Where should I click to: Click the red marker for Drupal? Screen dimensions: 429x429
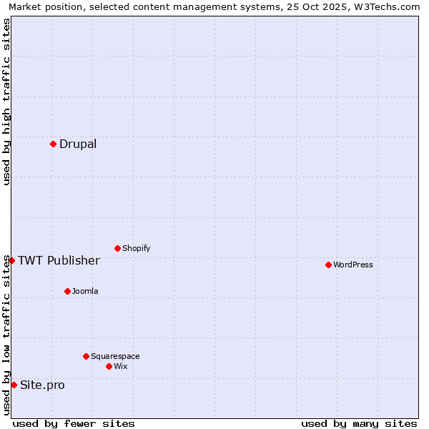(x=53, y=144)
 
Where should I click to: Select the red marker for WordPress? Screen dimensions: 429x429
(x=328, y=265)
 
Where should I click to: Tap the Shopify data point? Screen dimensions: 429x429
(x=117, y=248)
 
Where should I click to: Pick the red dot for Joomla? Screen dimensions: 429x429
(x=67, y=291)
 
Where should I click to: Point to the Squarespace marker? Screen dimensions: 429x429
(x=86, y=356)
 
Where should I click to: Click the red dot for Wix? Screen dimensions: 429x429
(x=109, y=366)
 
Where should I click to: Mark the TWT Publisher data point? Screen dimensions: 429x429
(x=11, y=260)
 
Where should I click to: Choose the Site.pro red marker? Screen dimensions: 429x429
(x=14, y=385)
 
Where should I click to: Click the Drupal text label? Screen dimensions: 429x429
(x=78, y=144)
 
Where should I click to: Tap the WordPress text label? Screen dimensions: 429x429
(x=353, y=265)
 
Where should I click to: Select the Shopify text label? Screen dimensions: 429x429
(x=137, y=248)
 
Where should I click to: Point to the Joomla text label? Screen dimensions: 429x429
(x=85, y=291)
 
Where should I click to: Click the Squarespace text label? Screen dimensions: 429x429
(x=115, y=356)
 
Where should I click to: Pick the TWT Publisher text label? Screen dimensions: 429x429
(x=59, y=260)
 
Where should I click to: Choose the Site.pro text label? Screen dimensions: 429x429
(x=42, y=385)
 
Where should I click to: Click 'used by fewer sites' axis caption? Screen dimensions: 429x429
(x=74, y=423)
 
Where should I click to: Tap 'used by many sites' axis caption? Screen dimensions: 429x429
(x=359, y=423)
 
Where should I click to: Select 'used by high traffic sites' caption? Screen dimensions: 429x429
(x=6, y=102)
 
